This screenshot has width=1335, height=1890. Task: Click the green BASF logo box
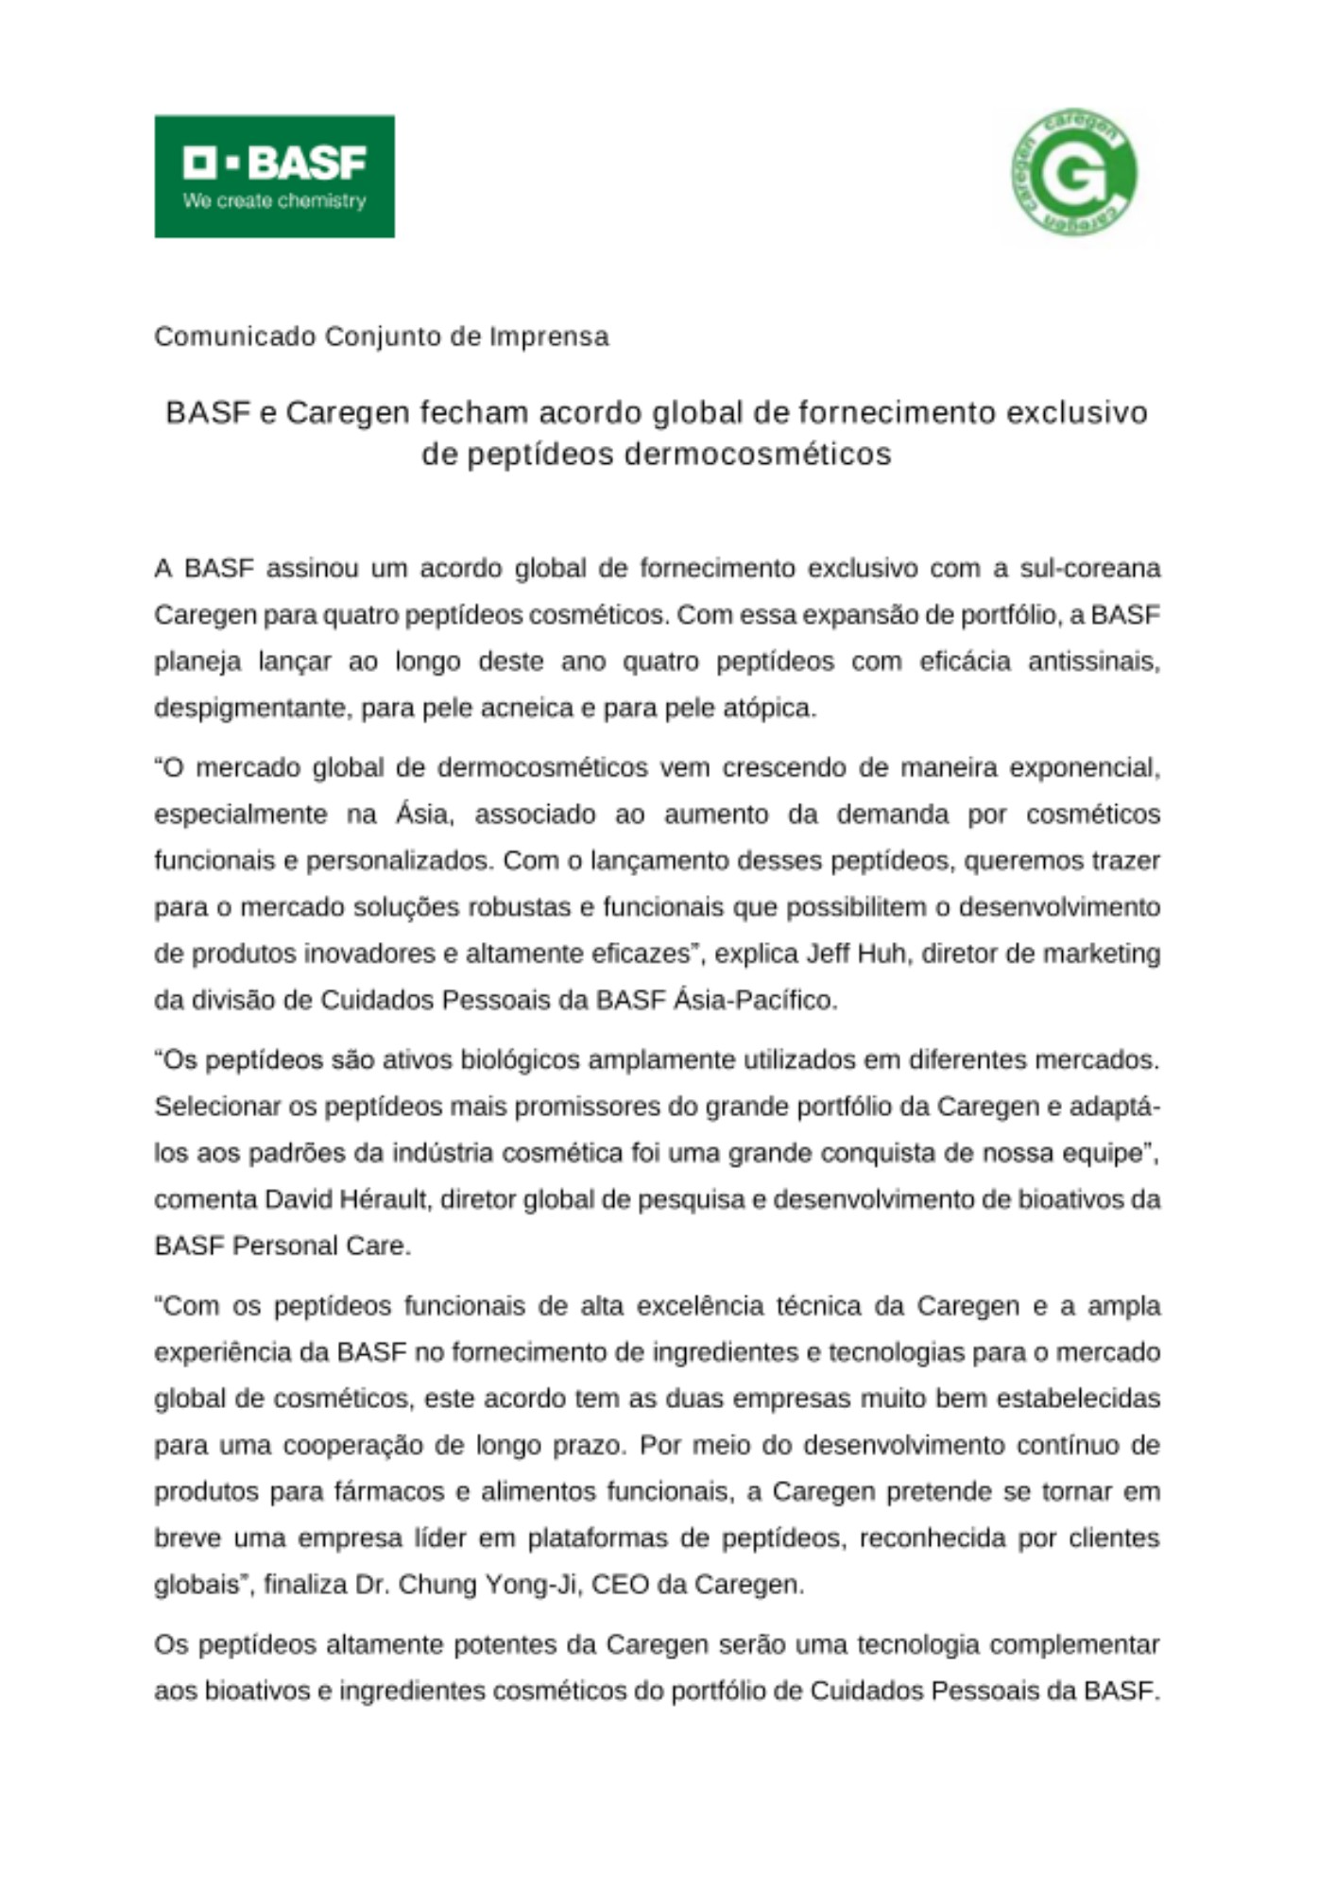click(274, 176)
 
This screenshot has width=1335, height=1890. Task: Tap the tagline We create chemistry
click(274, 201)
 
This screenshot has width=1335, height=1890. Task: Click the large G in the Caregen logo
click(1074, 175)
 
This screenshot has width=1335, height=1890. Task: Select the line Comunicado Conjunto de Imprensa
click(382, 336)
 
